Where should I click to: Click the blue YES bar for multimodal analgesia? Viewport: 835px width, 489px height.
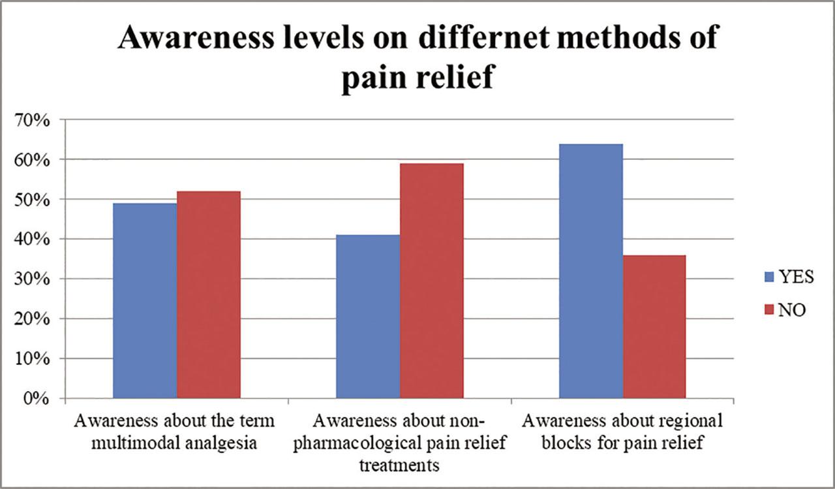pos(145,300)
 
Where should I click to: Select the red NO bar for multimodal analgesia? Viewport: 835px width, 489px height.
pos(209,294)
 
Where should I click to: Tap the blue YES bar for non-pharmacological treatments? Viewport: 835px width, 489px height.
pos(368,317)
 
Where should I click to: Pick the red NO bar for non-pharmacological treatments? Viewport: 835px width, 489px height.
pos(432,281)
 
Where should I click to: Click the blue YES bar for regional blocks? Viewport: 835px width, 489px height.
pos(591,271)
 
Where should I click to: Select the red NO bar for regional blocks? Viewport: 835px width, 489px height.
pos(654,326)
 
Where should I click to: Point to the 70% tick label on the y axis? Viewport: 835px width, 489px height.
pos(32,121)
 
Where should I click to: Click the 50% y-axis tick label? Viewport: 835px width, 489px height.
pos(32,200)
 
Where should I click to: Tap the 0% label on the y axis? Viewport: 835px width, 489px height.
pos(36,399)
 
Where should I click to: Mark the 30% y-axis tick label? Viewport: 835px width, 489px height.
pos(32,279)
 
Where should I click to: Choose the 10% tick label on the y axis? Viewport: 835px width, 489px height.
pos(32,359)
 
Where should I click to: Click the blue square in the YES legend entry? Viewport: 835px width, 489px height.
pos(768,277)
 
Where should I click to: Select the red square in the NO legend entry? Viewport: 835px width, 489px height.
pos(768,310)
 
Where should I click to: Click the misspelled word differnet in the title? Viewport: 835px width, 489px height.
pos(484,37)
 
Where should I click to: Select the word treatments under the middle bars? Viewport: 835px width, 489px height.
pos(399,465)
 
